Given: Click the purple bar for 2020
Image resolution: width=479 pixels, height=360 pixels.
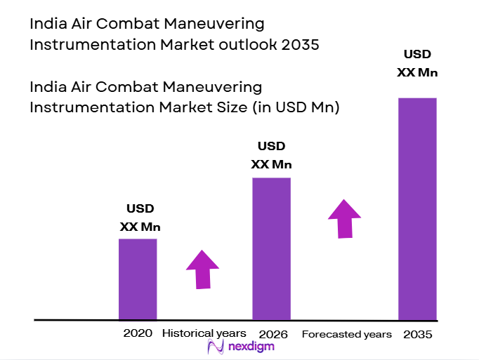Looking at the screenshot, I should point(138,279).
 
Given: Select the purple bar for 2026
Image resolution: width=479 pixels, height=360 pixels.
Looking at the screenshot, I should point(271,248).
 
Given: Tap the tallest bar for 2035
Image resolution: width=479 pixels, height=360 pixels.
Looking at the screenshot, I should point(417,208).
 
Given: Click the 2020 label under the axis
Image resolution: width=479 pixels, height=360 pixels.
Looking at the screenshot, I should point(138,333).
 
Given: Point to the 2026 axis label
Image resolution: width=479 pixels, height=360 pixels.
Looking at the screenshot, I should point(273,334).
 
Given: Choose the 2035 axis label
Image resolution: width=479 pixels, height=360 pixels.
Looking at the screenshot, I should point(417,334).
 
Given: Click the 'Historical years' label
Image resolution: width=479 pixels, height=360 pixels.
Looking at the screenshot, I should point(204,333).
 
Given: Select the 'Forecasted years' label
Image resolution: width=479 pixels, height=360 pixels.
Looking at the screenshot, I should point(346,334).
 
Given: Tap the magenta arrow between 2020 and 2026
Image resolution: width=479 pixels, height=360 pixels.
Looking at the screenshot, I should point(202,269).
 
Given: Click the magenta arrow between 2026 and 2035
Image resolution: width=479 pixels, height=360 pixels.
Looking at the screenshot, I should point(344,218).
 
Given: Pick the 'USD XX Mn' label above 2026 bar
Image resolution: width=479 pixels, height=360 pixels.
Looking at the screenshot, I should point(271,155).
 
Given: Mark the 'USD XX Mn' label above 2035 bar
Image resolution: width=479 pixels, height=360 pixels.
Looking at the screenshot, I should point(417,62).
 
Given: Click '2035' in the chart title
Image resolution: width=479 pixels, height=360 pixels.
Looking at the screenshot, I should point(298,46).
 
